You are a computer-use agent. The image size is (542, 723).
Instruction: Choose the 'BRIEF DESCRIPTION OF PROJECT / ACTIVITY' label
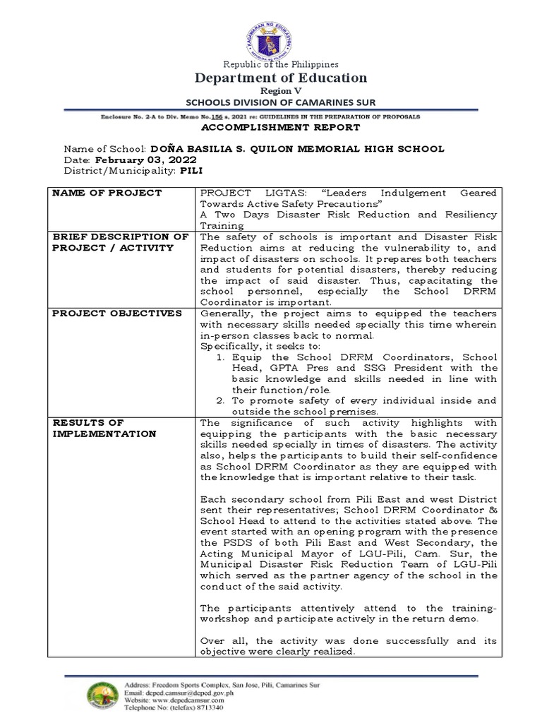click(121, 242)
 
